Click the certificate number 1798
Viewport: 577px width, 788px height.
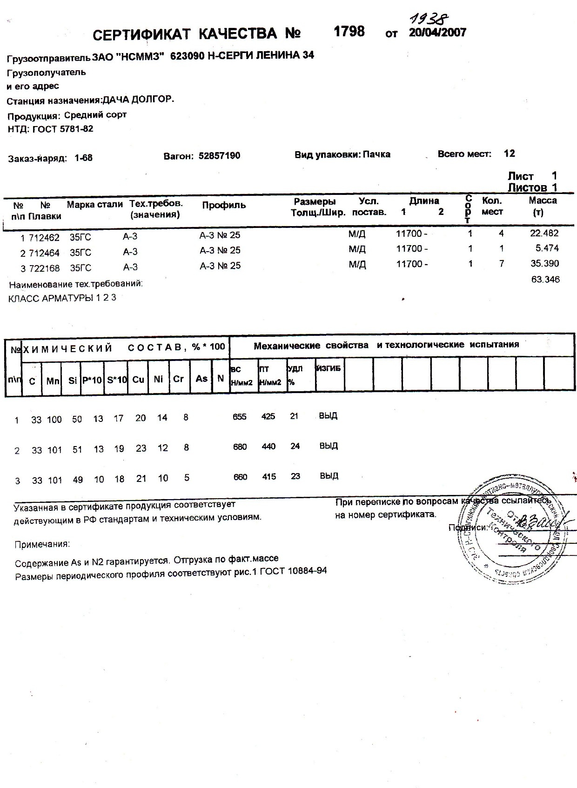(x=349, y=32)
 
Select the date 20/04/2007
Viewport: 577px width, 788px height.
(x=437, y=33)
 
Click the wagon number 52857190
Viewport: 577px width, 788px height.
(x=219, y=156)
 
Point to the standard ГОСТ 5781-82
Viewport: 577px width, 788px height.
(x=63, y=129)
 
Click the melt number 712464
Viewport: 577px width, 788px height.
(x=44, y=253)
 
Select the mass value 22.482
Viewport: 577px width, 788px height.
(x=544, y=233)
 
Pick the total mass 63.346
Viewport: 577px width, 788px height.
(x=545, y=279)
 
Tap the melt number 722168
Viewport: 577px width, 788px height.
(x=44, y=268)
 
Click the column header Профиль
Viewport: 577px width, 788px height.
(x=224, y=205)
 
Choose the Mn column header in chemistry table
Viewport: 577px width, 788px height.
(x=53, y=381)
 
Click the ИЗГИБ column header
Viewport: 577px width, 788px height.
(x=329, y=368)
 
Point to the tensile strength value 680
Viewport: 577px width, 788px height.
(x=240, y=447)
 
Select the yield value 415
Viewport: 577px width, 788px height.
(x=269, y=476)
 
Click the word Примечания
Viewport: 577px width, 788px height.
(x=42, y=544)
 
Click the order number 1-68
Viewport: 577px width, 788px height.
(x=83, y=158)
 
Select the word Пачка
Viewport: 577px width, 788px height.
(x=376, y=154)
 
